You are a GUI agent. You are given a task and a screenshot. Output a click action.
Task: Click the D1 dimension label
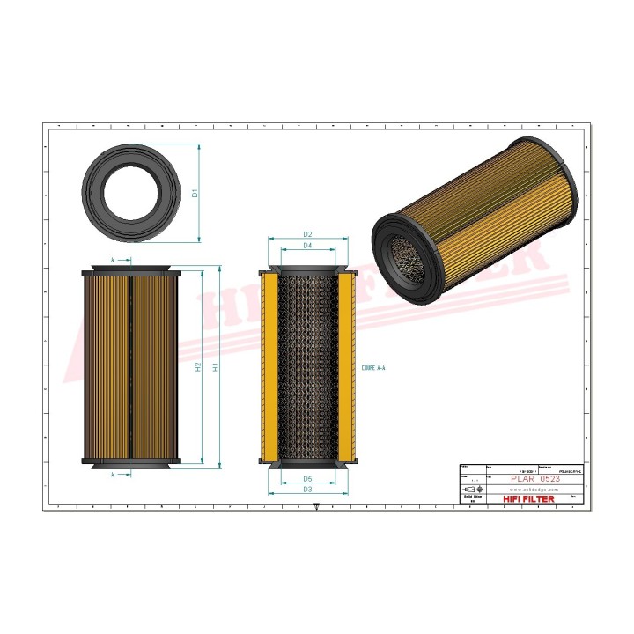[195, 192]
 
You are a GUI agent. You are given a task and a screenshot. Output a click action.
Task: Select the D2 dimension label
[308, 234]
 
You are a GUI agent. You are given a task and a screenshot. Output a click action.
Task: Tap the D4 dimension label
[308, 246]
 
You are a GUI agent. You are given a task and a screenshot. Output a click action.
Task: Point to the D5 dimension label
[308, 478]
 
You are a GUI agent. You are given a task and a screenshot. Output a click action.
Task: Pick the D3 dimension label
[308, 490]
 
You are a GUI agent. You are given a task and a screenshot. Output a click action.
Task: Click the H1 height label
[214, 366]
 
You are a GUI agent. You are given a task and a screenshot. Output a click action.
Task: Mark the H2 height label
[199, 366]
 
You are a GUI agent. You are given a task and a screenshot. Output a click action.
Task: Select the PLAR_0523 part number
[535, 478]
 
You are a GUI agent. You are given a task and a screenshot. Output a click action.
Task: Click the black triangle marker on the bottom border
[316, 505]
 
